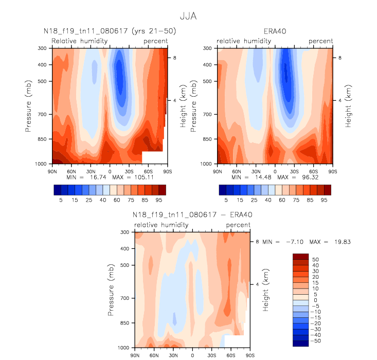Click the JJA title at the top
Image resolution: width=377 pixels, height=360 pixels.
pyautogui.click(x=188, y=16)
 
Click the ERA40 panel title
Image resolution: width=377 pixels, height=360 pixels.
pyautogui.click(x=276, y=32)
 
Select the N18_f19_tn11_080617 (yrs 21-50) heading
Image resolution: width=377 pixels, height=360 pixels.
pyautogui.click(x=110, y=32)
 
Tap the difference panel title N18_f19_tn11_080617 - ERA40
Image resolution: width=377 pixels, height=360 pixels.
pyautogui.click(x=192, y=214)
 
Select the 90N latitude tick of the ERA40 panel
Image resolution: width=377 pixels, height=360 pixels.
pyautogui.click(x=218, y=170)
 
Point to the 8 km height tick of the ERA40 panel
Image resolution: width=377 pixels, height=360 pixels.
pyautogui.click(x=339, y=58)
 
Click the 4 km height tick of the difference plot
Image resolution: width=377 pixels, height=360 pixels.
pyautogui.click(x=257, y=284)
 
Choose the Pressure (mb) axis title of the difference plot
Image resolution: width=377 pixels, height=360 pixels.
pyautogui.click(x=112, y=290)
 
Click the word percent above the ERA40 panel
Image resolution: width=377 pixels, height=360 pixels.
pyautogui.click(x=321, y=41)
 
